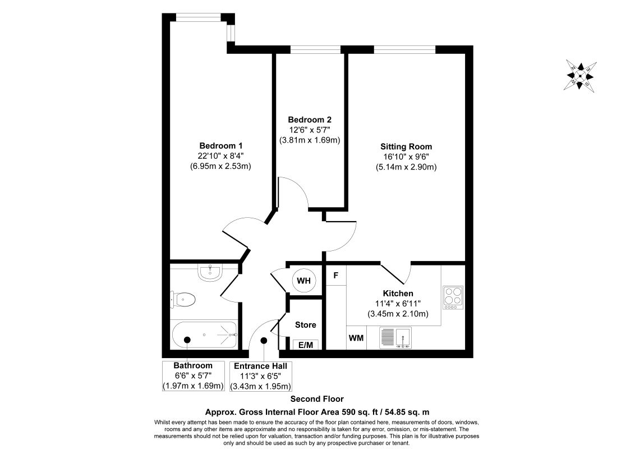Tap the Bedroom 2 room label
[x=310, y=120]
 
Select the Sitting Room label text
[x=406, y=146]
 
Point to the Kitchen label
[x=398, y=294]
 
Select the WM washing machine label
[x=356, y=338]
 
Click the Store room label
[x=305, y=325]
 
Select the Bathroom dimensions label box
[x=193, y=375]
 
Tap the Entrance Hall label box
[x=263, y=375]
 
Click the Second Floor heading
[x=317, y=399]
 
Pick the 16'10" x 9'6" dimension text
[x=406, y=157]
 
